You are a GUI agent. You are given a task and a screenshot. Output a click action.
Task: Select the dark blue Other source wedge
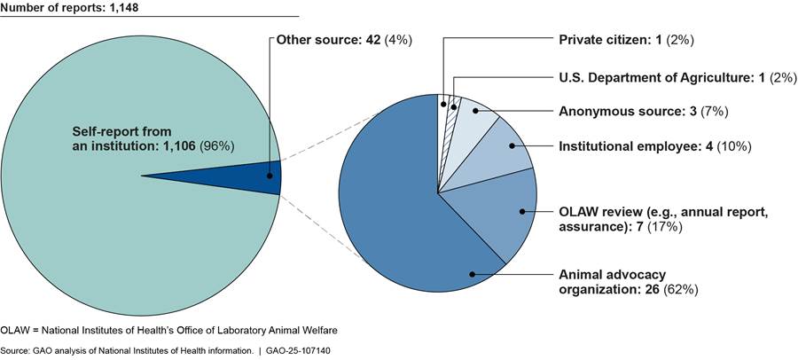pos(266,176)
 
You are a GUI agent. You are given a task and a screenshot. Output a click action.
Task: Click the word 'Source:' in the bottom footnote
pos(12,350)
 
